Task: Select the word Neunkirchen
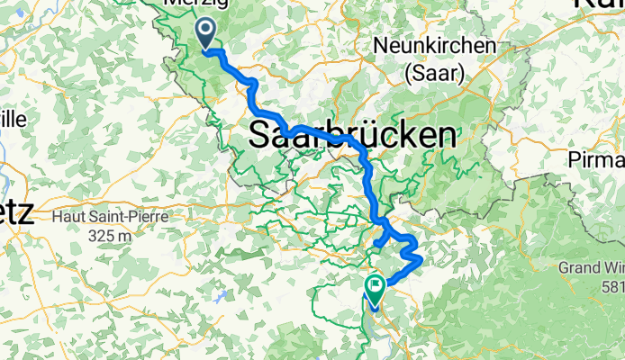(435, 45)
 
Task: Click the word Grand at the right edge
(583, 267)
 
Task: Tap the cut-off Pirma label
(597, 159)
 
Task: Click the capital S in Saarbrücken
(259, 136)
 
